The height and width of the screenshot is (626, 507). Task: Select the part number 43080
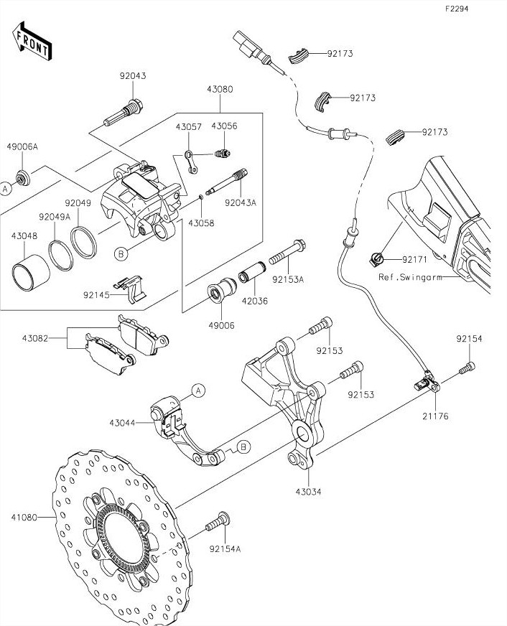(220, 90)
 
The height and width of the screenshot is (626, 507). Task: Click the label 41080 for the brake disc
(24, 517)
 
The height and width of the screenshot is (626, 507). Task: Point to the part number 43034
(308, 492)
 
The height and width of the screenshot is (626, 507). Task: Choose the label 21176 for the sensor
(436, 416)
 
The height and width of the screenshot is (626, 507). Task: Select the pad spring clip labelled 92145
(134, 289)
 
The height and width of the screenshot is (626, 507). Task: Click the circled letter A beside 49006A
(6, 189)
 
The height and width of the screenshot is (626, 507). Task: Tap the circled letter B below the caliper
(121, 253)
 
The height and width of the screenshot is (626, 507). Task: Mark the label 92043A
(240, 203)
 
